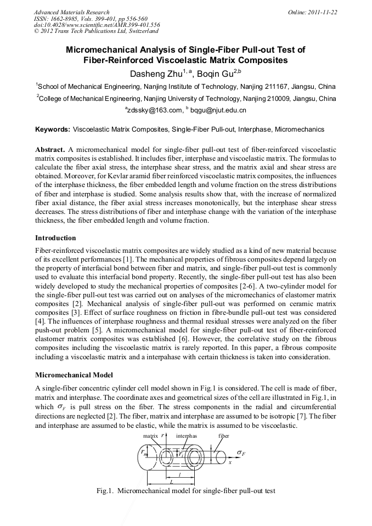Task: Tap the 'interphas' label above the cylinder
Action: pos(187,435)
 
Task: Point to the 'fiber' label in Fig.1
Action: pos(224,435)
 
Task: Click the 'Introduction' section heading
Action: pos(55,238)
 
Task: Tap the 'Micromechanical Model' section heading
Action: pos(74,375)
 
